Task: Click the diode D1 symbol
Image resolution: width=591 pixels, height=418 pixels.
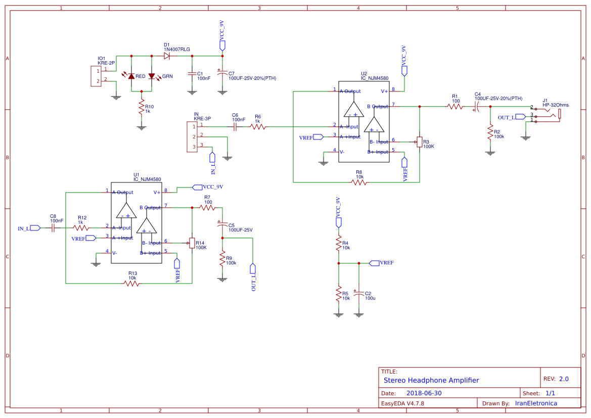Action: click(x=167, y=56)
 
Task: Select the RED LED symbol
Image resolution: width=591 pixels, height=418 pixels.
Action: click(x=131, y=76)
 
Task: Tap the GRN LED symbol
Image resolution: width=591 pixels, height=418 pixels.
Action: click(x=152, y=76)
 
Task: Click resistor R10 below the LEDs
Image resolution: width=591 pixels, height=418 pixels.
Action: click(x=142, y=108)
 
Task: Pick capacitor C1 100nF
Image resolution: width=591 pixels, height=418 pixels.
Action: click(x=192, y=74)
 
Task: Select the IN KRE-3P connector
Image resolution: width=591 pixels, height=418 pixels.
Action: click(x=192, y=136)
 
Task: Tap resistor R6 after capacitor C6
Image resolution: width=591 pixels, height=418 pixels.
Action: click(x=258, y=127)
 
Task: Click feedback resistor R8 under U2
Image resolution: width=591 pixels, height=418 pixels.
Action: click(x=359, y=182)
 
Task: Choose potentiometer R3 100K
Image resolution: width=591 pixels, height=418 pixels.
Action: click(x=419, y=142)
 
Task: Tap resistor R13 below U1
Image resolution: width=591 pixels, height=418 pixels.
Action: click(x=132, y=284)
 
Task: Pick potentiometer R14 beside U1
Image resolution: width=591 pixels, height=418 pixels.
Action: click(x=192, y=243)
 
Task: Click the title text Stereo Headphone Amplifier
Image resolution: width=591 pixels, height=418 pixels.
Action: click(x=431, y=380)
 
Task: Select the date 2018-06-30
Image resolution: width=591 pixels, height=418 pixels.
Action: click(x=424, y=393)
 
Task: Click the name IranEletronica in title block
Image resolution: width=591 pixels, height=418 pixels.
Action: click(x=536, y=403)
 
